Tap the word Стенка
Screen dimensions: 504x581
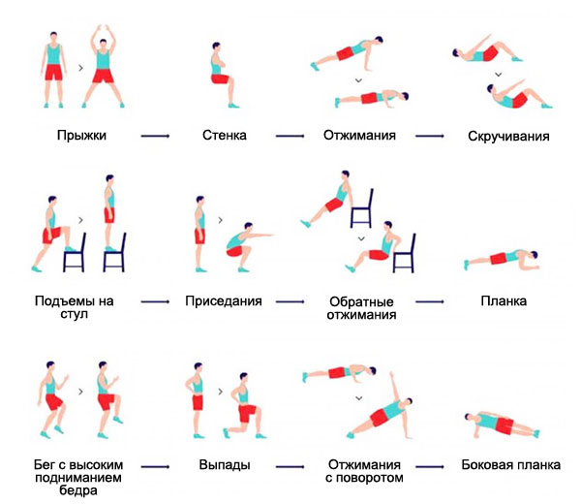225,136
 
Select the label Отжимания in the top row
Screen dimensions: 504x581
359,136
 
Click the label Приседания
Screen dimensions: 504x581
224,301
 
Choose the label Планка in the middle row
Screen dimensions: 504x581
504,301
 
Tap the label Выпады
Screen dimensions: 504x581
224,465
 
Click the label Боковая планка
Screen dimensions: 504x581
510,465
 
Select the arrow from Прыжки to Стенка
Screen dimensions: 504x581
155,137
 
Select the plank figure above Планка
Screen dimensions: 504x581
499,258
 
